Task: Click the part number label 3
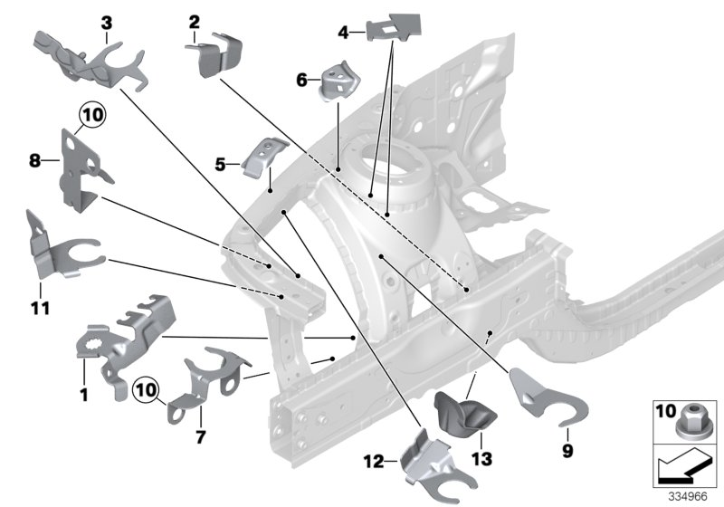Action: coord(107,21)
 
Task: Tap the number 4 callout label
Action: coord(343,33)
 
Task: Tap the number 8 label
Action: coord(33,160)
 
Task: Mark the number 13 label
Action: coord(481,460)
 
